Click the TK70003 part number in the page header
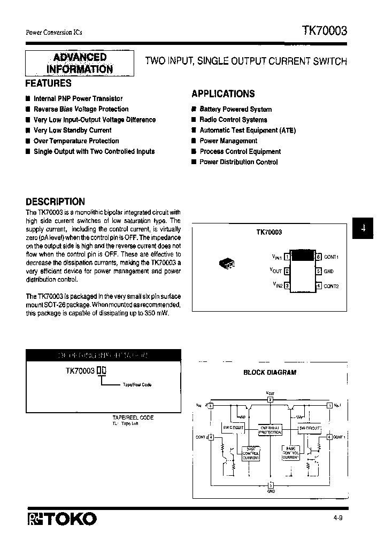coord(325,31)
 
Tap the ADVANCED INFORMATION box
coord(80,63)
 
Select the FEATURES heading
coord(49,83)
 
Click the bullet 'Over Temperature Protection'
coord(76,141)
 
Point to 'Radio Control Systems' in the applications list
coord(233,120)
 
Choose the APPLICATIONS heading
coord(223,94)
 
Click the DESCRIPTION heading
coord(55,202)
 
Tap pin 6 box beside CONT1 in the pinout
coord(318,257)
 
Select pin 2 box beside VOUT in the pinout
coord(287,271)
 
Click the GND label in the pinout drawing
coord(328,272)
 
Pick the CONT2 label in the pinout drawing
coord(331,286)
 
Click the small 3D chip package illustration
coord(227,264)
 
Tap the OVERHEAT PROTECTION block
coord(270,430)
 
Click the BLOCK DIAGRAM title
coord(270,373)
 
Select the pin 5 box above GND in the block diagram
coord(270,484)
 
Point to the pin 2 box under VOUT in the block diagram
coord(270,399)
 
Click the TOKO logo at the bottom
coord(61,518)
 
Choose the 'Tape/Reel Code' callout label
coord(137,385)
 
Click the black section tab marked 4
coord(363,228)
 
